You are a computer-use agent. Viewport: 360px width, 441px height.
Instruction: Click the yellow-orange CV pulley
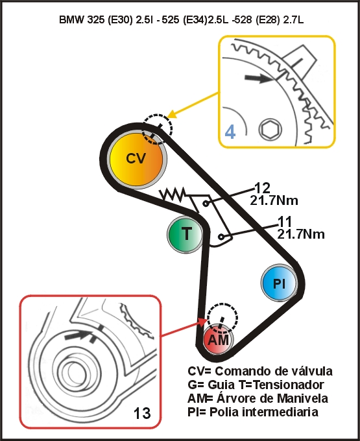pos(136,159)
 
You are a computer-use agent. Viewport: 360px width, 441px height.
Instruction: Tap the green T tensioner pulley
pos(186,233)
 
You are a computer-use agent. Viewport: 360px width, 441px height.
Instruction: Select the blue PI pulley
pos(279,282)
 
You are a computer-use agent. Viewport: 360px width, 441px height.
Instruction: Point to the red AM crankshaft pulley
pos(218,340)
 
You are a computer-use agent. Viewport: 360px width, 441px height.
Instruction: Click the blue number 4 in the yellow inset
pos(230,132)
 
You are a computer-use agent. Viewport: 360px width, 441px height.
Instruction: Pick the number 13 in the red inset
pos(142,413)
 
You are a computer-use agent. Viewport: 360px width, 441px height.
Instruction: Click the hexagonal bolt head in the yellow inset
pos(270,129)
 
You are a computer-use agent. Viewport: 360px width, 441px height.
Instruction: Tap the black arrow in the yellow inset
pos(259,78)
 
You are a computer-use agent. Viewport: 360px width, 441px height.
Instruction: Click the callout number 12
pos(262,187)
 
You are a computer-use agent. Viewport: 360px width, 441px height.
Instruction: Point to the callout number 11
pos(285,222)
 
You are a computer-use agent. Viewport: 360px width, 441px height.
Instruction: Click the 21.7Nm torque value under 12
pos(274,200)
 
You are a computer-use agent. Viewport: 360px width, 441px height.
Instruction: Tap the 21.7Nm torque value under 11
pos(301,234)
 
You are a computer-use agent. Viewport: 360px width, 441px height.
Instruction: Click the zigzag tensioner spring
pos(172,194)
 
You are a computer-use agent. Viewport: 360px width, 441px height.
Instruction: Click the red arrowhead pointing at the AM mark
pos(202,322)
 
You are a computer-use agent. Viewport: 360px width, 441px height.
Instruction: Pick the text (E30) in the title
pos(120,20)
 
